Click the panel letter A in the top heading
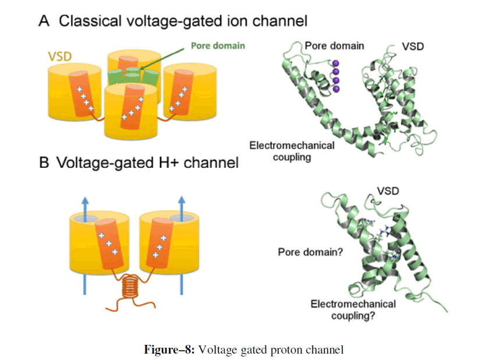[x=44, y=22]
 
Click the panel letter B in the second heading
[x=44, y=163]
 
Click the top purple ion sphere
[x=336, y=63]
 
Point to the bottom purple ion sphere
[x=336, y=89]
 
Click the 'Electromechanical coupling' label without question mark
[x=292, y=150]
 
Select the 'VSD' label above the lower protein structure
[x=388, y=190]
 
